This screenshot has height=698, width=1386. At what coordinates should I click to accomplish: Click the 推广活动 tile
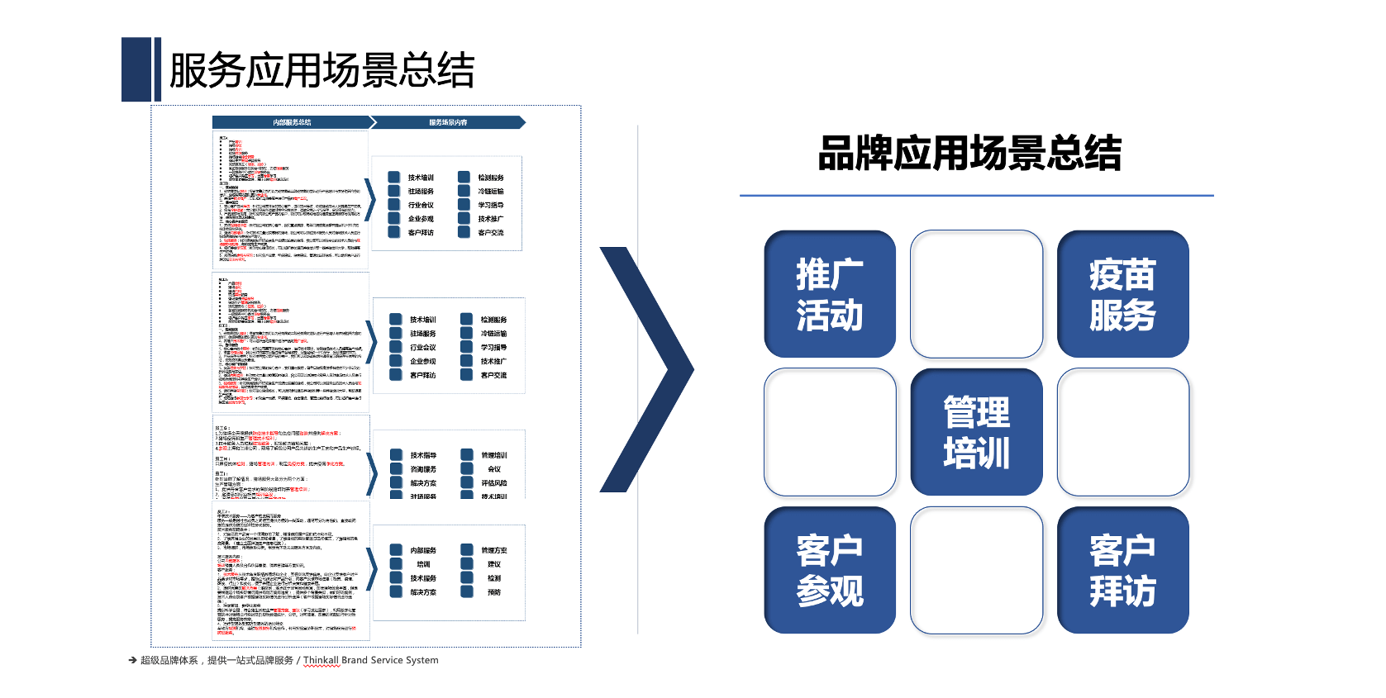click(x=830, y=294)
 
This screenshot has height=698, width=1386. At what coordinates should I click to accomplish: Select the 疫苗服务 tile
click(x=1122, y=294)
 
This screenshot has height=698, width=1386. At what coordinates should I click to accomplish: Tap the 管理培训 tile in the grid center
click(x=976, y=432)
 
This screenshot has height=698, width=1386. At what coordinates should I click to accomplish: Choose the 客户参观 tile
click(x=830, y=570)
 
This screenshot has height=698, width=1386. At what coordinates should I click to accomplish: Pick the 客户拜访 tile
click(x=1122, y=570)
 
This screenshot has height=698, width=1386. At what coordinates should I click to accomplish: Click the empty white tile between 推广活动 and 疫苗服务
click(x=976, y=294)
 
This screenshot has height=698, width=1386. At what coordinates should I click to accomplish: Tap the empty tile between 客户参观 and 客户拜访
click(x=976, y=570)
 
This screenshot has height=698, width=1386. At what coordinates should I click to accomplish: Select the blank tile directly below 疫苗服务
click(x=1122, y=432)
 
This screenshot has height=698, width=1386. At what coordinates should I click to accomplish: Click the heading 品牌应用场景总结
click(x=969, y=154)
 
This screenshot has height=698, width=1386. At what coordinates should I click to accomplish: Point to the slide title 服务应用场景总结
click(x=321, y=70)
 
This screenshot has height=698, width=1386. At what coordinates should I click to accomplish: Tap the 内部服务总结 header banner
click(x=292, y=122)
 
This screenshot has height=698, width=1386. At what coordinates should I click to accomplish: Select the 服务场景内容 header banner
click(x=448, y=122)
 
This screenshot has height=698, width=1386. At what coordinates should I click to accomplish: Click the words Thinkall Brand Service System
click(x=370, y=660)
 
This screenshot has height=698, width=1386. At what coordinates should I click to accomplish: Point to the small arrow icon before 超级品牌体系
click(x=132, y=660)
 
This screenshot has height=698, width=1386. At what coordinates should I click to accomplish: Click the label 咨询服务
click(x=423, y=469)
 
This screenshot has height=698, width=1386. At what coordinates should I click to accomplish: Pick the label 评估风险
click(x=494, y=483)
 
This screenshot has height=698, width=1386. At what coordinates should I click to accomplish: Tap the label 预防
click(x=494, y=592)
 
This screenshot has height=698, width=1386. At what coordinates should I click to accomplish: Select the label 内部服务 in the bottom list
click(x=423, y=550)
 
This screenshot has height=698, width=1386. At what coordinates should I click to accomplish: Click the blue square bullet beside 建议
click(x=467, y=564)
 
